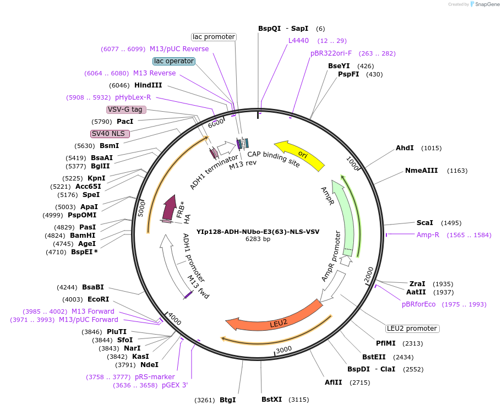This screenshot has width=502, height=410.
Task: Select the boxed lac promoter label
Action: (x=214, y=37)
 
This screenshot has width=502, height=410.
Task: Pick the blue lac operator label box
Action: (x=174, y=61)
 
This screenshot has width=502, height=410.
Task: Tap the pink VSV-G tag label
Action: (x=126, y=110)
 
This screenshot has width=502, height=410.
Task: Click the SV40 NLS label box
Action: (x=110, y=134)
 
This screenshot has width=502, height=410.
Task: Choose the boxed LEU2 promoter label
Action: (x=412, y=329)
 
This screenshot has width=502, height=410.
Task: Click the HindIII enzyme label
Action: (x=148, y=85)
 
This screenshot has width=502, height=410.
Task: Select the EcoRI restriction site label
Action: (x=98, y=299)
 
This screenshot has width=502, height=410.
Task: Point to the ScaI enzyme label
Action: (x=424, y=223)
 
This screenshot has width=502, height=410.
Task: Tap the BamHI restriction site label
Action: (x=83, y=235)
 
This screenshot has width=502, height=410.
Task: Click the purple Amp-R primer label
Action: (x=428, y=235)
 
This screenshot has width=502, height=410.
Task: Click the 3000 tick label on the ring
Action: (x=283, y=349)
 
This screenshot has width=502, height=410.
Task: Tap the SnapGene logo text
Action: (x=485, y=4)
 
